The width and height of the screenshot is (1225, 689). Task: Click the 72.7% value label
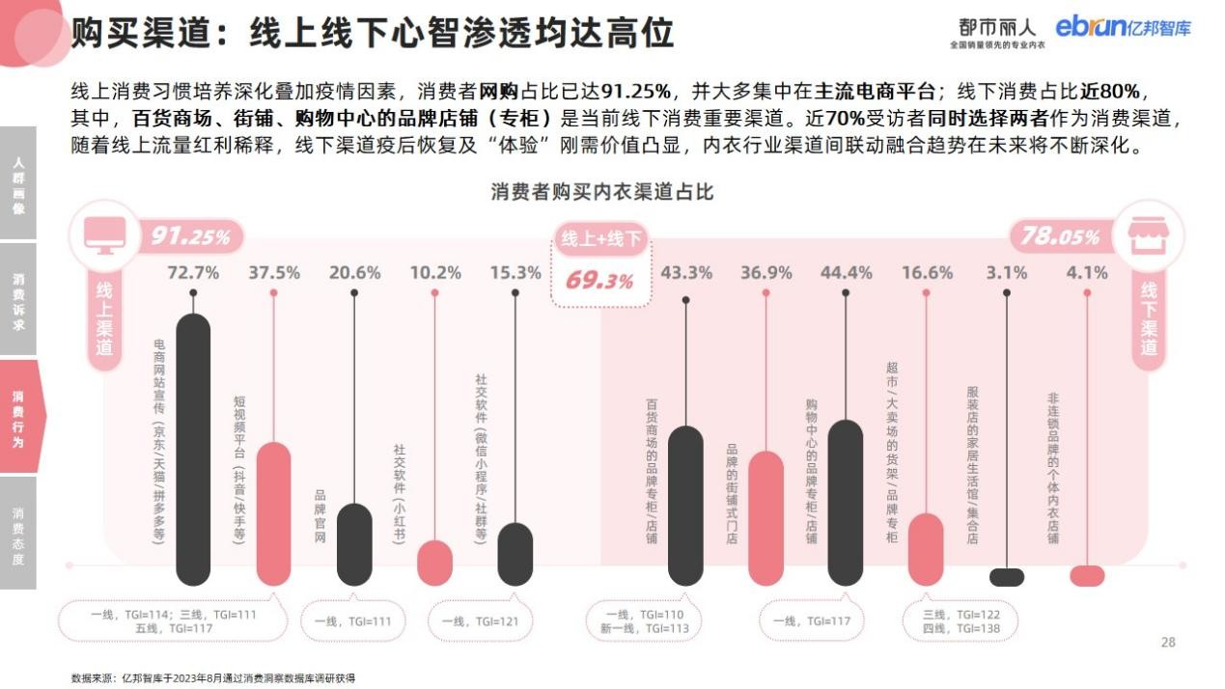click(x=193, y=273)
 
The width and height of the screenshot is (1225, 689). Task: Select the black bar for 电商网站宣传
click(x=193, y=449)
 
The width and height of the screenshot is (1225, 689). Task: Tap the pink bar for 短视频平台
click(x=273, y=513)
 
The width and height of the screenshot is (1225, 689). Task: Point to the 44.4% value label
click(x=846, y=273)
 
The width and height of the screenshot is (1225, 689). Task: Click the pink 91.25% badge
click(x=191, y=236)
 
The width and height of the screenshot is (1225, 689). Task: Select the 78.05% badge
click(x=1060, y=236)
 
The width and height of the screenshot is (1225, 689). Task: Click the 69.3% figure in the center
click(x=599, y=282)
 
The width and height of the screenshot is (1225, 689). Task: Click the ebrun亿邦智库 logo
click(x=1123, y=27)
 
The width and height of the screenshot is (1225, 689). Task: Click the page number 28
click(x=1168, y=643)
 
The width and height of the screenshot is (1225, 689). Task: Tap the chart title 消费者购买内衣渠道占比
click(x=602, y=191)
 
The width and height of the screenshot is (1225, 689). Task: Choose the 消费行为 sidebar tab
click(x=18, y=417)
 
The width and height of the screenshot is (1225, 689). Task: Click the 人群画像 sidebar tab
click(x=18, y=182)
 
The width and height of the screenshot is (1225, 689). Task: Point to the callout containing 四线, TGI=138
click(x=961, y=622)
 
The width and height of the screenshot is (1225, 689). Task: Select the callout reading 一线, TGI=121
click(x=480, y=621)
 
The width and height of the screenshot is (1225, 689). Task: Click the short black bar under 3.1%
click(x=1007, y=577)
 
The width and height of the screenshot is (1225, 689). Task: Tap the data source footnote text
click(x=213, y=678)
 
